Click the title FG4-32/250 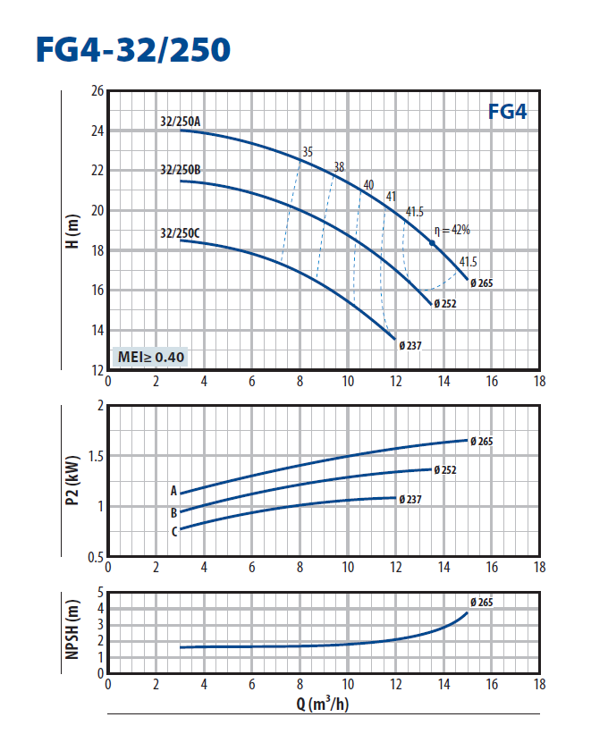point(131,49)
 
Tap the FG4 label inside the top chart point(507,112)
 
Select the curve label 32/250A point(180,121)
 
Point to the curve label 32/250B point(180,169)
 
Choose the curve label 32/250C point(180,233)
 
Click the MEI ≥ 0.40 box point(151,358)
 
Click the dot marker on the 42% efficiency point point(432,242)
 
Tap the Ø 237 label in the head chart point(410,345)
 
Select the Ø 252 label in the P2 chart point(444,469)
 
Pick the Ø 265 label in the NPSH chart point(480,602)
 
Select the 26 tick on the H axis point(97,91)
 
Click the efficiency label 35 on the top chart point(308,152)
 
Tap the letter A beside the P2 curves point(173,490)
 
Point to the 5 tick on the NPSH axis point(101,592)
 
